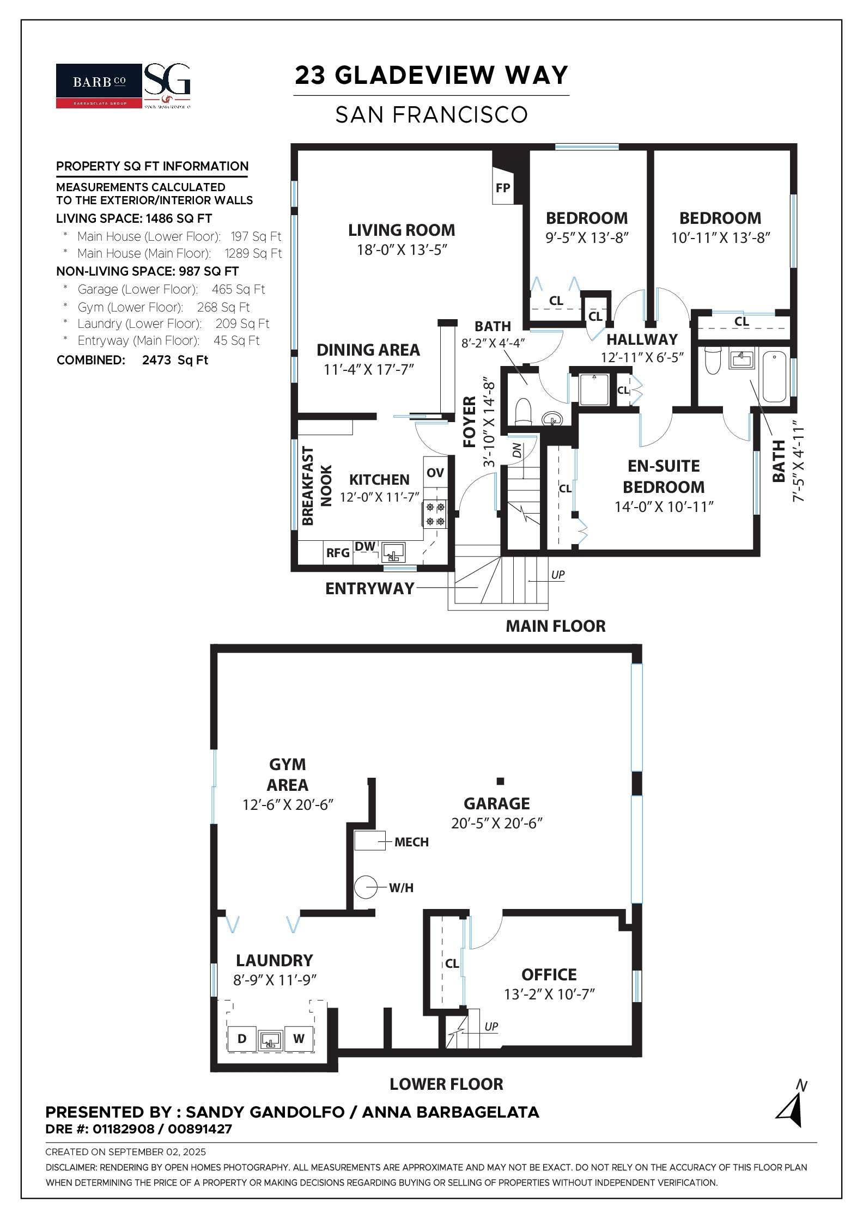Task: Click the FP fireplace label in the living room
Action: [x=502, y=188]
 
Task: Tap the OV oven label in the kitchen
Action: [x=435, y=473]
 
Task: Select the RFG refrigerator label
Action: [x=338, y=553]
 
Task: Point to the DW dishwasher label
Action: [x=365, y=546]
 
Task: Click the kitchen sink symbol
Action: [x=393, y=552]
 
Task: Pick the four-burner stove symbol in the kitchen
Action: [x=435, y=514]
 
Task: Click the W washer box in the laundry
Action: [x=299, y=1039]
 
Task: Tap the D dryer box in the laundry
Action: [x=242, y=1039]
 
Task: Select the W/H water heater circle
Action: [x=366, y=888]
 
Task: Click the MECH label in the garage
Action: [x=411, y=842]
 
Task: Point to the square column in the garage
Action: [x=500, y=781]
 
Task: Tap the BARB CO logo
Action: [x=99, y=86]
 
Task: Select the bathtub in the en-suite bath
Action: [x=774, y=377]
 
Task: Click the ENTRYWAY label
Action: [x=370, y=588]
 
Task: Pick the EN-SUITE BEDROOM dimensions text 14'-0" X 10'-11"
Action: [x=664, y=507]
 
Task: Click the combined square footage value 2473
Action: [x=156, y=360]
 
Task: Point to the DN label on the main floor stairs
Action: [x=517, y=450]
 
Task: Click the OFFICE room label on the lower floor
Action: [x=549, y=974]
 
